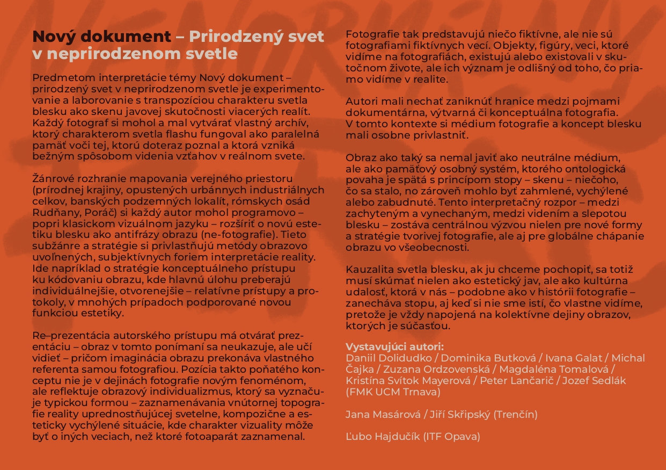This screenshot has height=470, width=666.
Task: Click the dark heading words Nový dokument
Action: coord(101,37)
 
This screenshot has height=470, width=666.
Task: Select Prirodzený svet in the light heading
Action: coord(257,37)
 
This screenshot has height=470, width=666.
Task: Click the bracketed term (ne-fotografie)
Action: coord(221,236)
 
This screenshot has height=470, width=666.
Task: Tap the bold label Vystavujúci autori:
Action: coord(394,346)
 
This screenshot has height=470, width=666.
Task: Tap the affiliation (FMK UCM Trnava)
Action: coord(393,392)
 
